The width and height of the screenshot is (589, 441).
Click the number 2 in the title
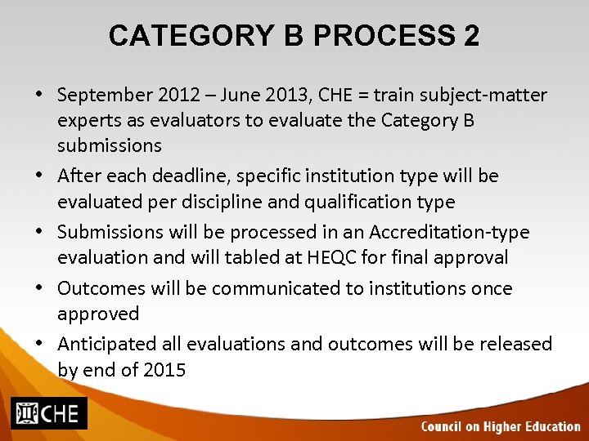click(470, 37)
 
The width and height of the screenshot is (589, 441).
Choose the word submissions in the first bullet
click(110, 146)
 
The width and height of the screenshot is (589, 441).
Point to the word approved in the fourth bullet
click(98, 314)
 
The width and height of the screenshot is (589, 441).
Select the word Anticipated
click(110, 345)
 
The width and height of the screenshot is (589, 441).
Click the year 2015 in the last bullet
click(164, 370)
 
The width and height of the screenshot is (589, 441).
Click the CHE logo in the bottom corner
click(48, 413)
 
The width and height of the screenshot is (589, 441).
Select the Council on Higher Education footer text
click(500, 426)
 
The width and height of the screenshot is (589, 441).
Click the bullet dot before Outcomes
click(39, 289)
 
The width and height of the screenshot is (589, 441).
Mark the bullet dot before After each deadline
click(39, 176)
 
